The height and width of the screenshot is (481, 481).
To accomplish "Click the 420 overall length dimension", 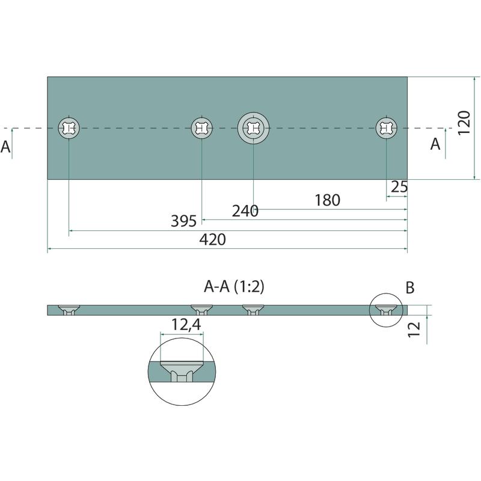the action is (213, 239).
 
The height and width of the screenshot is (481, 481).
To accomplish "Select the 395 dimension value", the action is (183, 221).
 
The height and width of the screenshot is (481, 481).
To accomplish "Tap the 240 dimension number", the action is (245, 211).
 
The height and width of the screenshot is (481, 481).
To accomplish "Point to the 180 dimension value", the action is (327, 200).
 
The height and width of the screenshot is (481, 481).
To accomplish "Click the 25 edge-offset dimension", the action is (399, 186).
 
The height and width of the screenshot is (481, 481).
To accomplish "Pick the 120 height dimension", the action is (464, 123).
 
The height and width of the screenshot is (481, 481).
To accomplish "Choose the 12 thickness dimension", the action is (414, 329).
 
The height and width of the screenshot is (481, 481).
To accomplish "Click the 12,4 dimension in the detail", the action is (186, 325).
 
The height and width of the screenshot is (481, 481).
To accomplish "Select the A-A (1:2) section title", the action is (234, 287).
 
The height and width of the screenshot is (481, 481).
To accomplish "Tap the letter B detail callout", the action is (410, 288).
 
